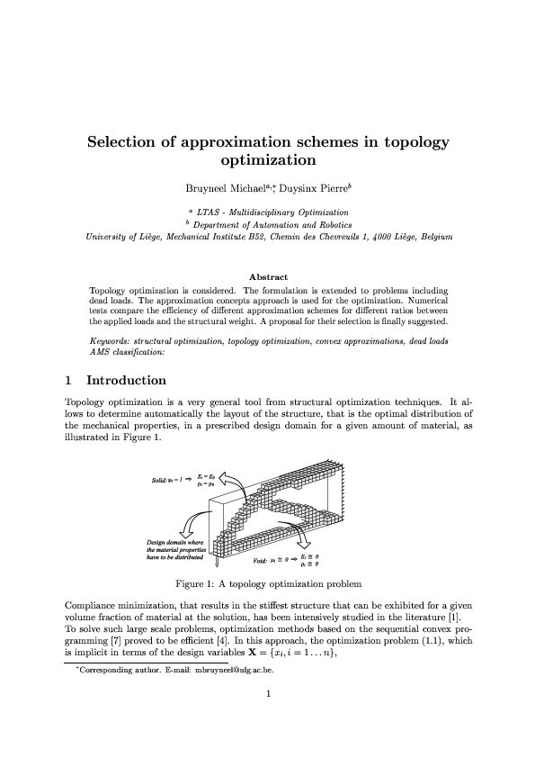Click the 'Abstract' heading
[x=267, y=277]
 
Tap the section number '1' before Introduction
[x=70, y=381]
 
